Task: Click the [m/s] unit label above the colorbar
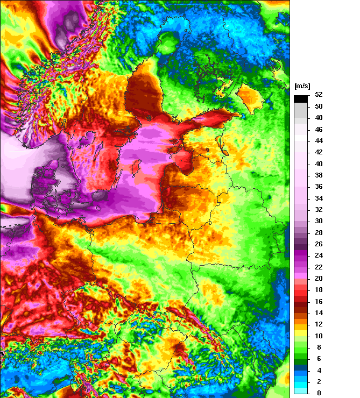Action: [x=302, y=87]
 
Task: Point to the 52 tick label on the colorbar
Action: [x=319, y=95]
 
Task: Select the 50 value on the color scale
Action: [x=319, y=106]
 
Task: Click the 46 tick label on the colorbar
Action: [x=319, y=130]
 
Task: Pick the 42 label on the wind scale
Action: [x=319, y=152]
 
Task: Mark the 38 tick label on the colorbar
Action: [x=319, y=175]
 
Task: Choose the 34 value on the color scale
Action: [x=319, y=198]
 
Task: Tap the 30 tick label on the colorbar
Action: [x=319, y=221]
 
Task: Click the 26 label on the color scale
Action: [x=319, y=244]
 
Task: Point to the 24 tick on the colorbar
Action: [x=319, y=255]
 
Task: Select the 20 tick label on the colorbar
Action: [x=319, y=278]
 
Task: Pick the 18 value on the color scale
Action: [x=319, y=290]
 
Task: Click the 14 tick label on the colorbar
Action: [x=319, y=312]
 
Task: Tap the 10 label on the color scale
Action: [x=319, y=336]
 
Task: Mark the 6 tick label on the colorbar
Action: [x=319, y=358]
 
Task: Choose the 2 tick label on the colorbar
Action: [x=319, y=381]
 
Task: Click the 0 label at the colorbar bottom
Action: [x=319, y=393]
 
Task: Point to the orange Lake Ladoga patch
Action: [x=248, y=97]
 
